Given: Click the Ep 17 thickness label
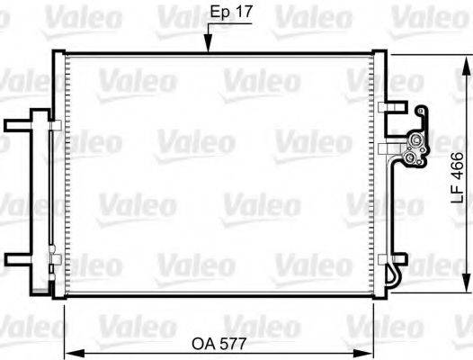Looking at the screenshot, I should tap(228, 14).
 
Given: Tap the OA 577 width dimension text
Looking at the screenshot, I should tap(221, 343).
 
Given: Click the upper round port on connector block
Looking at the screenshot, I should tap(415, 142).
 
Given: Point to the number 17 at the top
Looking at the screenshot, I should tap(239, 14).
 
